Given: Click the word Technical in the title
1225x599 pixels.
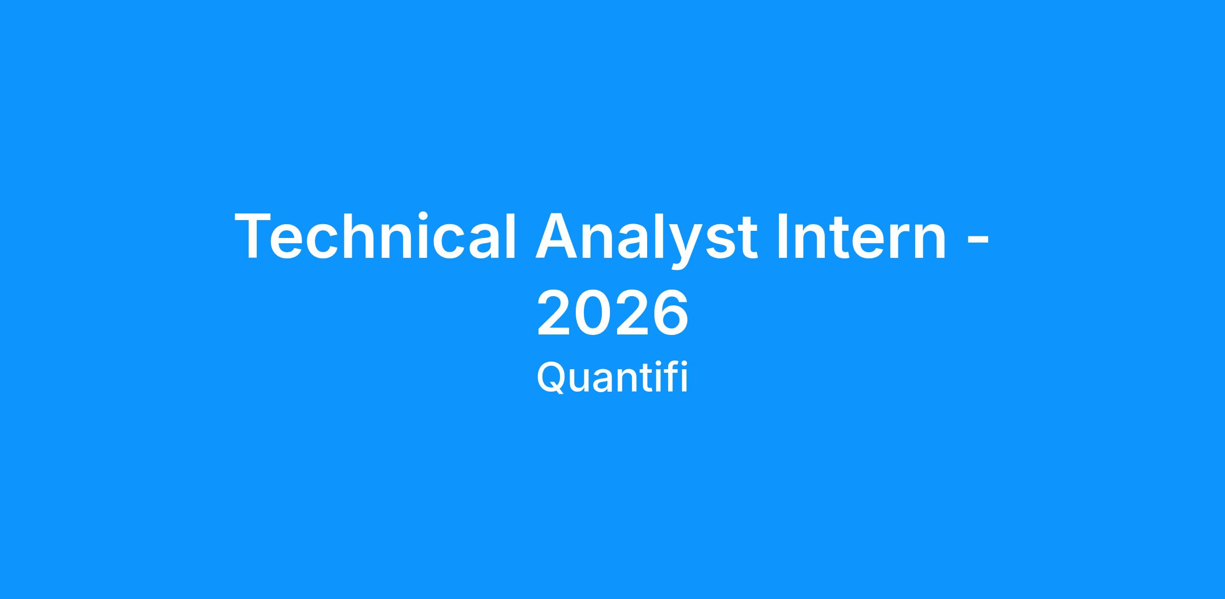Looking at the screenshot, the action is [376, 235].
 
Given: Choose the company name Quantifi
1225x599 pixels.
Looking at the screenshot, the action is [612, 378].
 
